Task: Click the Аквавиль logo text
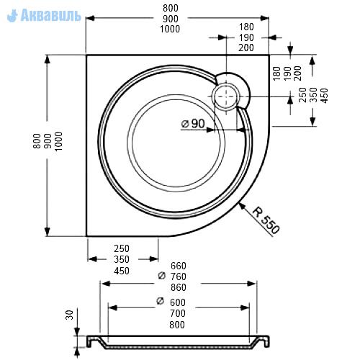(51, 15)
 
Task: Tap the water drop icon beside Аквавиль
(12, 16)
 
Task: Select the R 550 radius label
(266, 220)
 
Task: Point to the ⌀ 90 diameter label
(193, 124)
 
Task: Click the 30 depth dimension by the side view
(70, 315)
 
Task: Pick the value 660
(179, 266)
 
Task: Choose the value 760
(179, 276)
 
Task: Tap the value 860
(179, 287)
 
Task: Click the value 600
(178, 302)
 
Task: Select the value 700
(178, 313)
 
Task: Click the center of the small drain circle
(226, 96)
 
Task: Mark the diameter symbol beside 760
(162, 276)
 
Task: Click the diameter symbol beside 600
(160, 301)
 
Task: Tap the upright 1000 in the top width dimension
(170, 29)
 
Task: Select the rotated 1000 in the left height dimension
(58, 141)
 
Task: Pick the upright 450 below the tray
(122, 271)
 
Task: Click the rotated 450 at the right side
(324, 96)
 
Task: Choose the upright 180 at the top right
(246, 27)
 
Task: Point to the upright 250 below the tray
(122, 248)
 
